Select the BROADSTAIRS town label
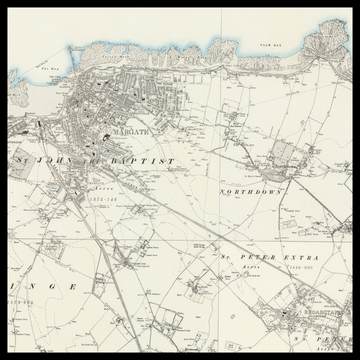tap(314, 311)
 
